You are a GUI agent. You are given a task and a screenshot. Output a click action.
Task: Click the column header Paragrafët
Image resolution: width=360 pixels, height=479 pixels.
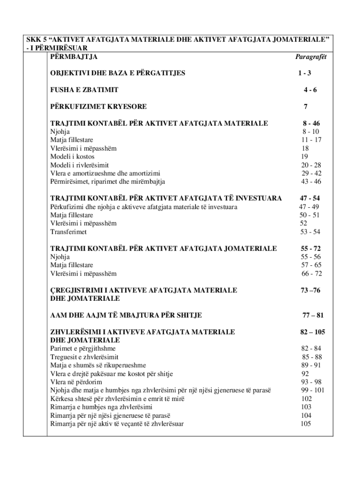coord(310,57)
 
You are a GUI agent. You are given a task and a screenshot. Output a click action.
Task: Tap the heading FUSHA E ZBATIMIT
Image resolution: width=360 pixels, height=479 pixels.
coord(84,89)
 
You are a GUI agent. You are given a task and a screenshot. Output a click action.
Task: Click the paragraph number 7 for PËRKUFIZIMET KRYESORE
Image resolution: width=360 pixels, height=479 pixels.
coord(305,106)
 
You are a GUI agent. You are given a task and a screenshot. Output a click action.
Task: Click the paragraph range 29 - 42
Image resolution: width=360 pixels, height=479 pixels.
coord(311,174)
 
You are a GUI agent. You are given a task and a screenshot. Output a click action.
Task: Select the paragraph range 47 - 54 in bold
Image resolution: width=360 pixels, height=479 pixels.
coord(310,198)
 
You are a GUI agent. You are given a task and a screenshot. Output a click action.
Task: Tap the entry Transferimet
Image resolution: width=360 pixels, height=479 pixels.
coord(68,232)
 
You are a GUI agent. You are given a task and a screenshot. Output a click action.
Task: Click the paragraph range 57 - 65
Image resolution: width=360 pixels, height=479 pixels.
coord(311,265)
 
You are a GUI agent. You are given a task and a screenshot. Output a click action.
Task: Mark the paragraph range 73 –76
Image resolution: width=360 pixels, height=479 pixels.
coord(310,290)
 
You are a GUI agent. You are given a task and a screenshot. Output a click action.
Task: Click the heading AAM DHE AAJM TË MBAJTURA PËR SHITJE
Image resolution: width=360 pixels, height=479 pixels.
coord(126,315)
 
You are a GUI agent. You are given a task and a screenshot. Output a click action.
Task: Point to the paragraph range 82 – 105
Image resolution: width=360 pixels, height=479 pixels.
coord(312,332)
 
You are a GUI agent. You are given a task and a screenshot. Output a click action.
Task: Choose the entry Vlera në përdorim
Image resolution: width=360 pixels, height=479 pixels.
coord(76,382)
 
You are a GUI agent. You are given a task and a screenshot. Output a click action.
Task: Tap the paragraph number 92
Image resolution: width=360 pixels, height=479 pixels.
coord(305,374)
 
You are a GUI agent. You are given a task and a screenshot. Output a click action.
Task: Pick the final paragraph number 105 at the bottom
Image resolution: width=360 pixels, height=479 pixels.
coord(306,424)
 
